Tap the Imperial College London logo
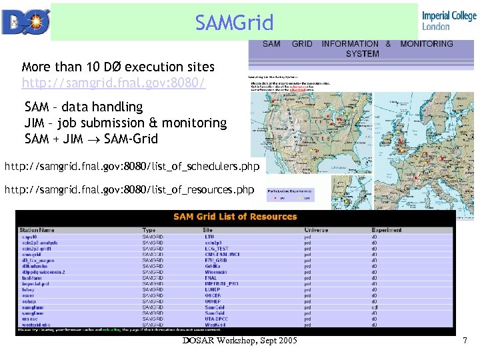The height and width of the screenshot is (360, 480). [x=448, y=21]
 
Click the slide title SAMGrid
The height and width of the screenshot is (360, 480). [x=234, y=23]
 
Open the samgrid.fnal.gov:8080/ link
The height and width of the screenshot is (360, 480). [x=113, y=83]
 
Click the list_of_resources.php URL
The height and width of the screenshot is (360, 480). [x=129, y=190]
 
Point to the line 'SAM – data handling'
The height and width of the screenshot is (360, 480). [x=83, y=107]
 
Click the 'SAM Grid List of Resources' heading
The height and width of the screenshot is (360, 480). [x=235, y=216]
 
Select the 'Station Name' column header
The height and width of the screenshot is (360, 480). [x=38, y=230]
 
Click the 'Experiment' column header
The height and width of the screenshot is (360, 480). [x=387, y=230]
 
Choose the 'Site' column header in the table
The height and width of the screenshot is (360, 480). [x=209, y=230]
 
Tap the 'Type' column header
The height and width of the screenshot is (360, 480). [x=149, y=230]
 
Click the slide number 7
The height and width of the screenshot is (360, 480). [x=465, y=341]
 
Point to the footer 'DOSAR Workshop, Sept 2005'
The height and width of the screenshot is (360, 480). [x=239, y=342]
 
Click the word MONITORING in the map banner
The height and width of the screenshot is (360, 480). [x=426, y=44]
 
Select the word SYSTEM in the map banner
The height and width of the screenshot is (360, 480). [x=362, y=53]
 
